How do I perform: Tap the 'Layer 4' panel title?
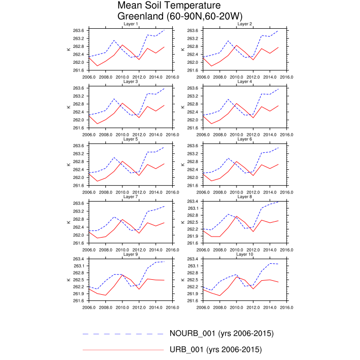pyautogui.click(x=244, y=82)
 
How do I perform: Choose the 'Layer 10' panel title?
pyautogui.click(x=244, y=255)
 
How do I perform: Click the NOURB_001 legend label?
pyautogui.click(x=221, y=333)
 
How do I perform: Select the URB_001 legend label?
pyautogui.click(x=215, y=350)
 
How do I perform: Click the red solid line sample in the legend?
pyautogui.click(x=122, y=350)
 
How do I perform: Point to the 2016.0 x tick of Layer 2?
pyautogui.click(x=286, y=76)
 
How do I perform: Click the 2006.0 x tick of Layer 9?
pyautogui.click(x=89, y=307)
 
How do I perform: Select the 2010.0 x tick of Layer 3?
pyautogui.click(x=122, y=134)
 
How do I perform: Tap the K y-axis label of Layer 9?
pyautogui.click(x=68, y=280)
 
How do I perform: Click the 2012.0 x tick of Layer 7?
pyautogui.click(x=139, y=249)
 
